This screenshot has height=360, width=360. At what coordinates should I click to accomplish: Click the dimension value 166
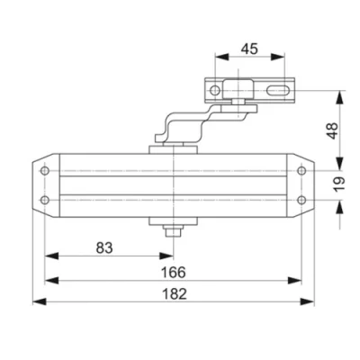[x=169, y=271]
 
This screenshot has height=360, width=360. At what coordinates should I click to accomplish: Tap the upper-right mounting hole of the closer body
[x=300, y=166]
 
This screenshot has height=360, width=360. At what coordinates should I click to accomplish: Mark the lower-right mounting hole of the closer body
[x=300, y=200]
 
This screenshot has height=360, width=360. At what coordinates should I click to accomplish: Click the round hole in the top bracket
[x=215, y=91]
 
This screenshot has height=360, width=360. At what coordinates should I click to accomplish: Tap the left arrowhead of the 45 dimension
[x=218, y=59]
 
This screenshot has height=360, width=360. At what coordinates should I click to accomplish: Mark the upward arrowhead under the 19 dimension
[x=341, y=205]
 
